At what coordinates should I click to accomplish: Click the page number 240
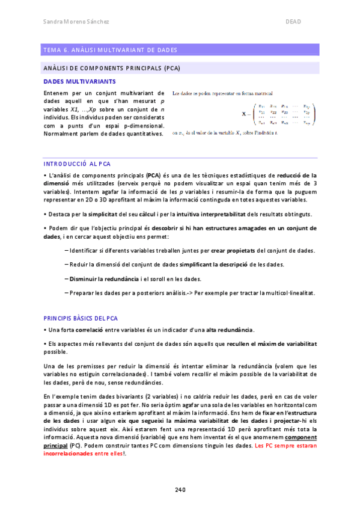pyautogui.click(x=180, y=489)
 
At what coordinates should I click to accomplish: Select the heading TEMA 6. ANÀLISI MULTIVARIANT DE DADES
pyautogui.click(x=109, y=50)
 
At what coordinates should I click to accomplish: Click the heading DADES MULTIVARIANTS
pyautogui.click(x=80, y=81)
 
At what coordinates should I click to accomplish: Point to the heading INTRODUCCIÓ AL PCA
pyautogui.click(x=76, y=164)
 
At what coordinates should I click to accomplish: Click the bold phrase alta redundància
pyautogui.click(x=230, y=330)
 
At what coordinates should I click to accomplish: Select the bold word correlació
pyautogui.click(x=88, y=330)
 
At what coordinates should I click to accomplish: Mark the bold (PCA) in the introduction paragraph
pyautogui.click(x=153, y=175)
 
